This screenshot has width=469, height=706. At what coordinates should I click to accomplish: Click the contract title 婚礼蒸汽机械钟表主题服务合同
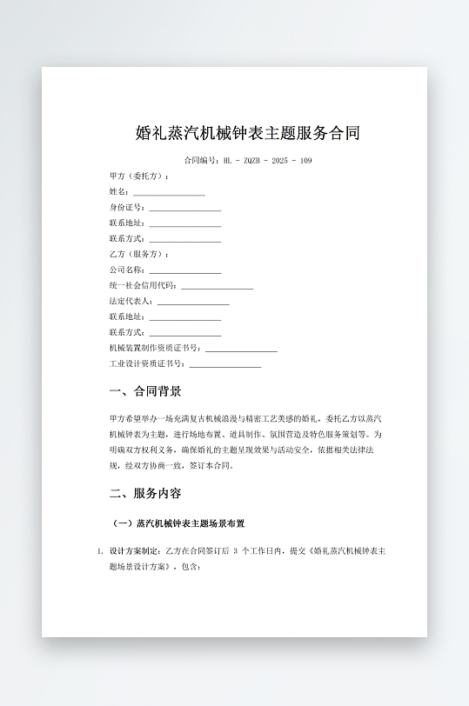tap(248, 133)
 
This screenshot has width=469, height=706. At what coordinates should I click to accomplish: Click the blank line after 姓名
tap(169, 192)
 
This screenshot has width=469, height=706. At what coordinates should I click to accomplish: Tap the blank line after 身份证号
tap(184, 208)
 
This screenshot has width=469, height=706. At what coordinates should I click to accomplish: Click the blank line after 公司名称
tap(184, 270)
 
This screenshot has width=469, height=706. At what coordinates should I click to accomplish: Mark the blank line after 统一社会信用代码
tap(217, 286)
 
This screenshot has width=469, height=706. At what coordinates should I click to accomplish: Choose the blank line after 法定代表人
tap(192, 302)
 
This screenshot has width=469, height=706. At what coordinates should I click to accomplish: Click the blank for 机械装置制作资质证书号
tap(241, 349)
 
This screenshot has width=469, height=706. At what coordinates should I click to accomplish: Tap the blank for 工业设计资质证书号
tap(224, 364)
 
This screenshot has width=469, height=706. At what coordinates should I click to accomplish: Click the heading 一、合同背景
tap(145, 391)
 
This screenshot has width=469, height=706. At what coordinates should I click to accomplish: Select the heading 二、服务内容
tap(145, 493)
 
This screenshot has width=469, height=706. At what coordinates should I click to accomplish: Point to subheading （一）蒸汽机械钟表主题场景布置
tap(179, 524)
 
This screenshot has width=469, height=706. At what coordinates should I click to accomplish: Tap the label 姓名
tap(118, 192)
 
